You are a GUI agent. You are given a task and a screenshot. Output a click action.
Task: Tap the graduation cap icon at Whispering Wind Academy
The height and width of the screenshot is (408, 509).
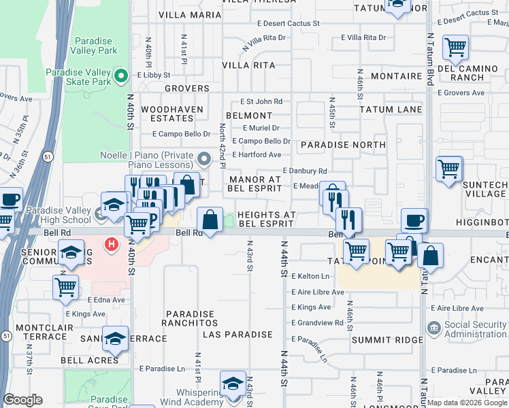coord(233,383)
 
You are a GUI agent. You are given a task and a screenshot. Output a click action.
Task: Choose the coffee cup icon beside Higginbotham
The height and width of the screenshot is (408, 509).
coord(414,220)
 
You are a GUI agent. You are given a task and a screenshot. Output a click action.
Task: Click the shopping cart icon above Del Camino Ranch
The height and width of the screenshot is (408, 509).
coord(455,48)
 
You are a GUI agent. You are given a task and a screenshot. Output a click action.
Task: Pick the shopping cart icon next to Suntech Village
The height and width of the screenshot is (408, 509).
coord(449,169)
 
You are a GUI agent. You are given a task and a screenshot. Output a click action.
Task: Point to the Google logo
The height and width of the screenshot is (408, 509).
coord(22,400)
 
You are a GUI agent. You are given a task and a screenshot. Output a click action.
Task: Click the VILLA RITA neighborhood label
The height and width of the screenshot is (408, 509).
coord(250,65)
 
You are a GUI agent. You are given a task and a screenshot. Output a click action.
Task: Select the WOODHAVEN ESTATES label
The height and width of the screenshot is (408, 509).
coord(167,114)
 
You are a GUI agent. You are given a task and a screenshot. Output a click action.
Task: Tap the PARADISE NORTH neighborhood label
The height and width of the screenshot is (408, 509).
coord(343,145)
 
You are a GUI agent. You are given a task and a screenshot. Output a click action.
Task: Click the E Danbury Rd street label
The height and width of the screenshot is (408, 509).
coord(304,171)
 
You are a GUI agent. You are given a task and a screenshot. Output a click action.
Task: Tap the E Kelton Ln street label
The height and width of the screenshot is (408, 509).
coord(310,276)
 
